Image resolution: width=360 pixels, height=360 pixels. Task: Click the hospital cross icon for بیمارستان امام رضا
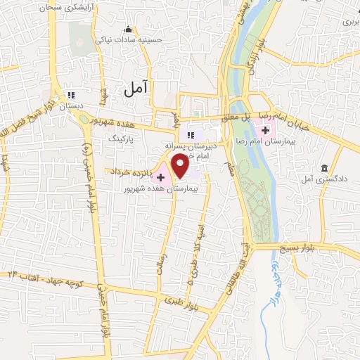[266, 130]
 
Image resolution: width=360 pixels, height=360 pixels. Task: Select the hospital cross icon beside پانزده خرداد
[161, 170]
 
